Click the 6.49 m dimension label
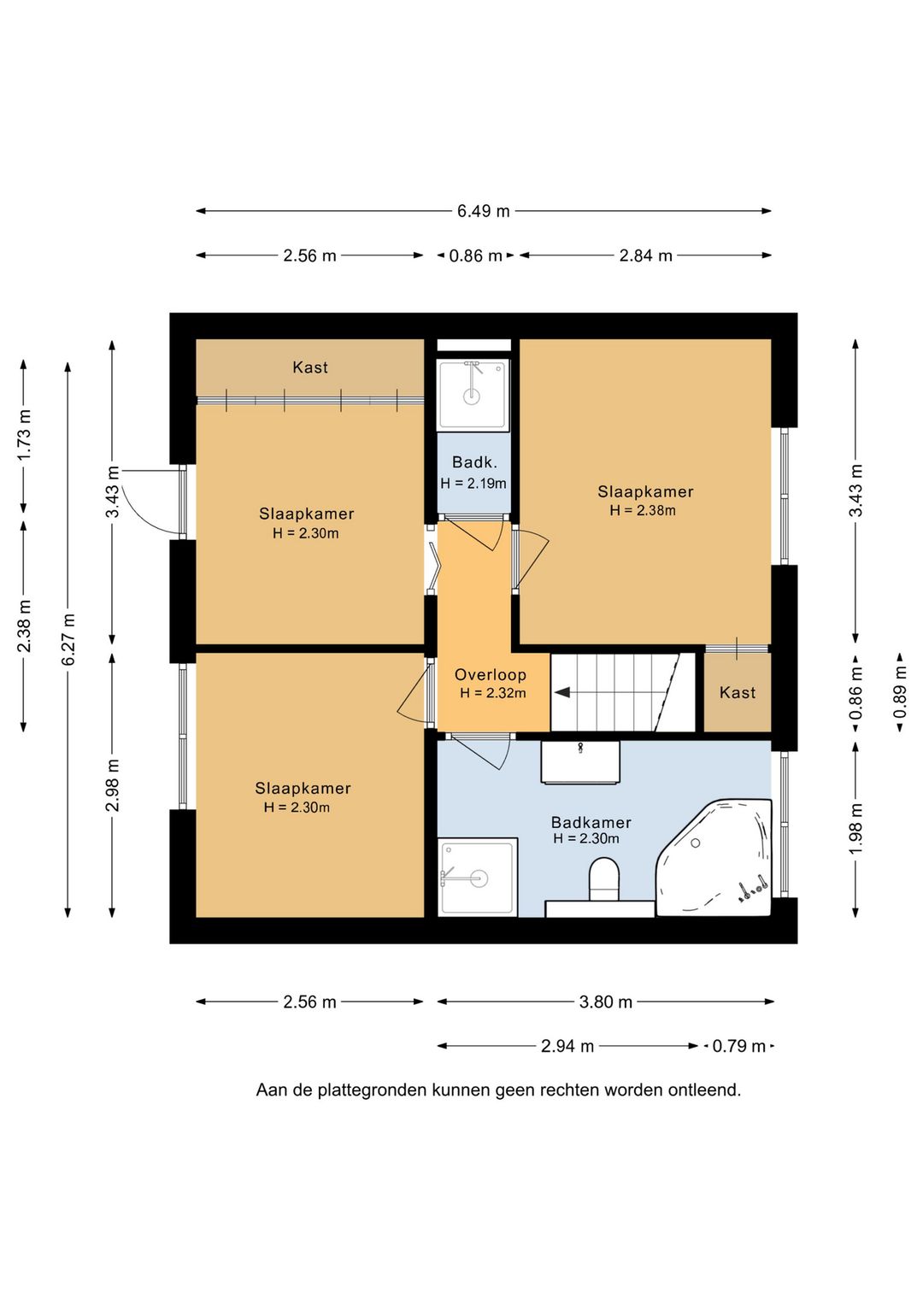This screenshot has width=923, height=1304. [483, 211]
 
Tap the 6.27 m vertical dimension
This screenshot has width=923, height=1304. [68, 640]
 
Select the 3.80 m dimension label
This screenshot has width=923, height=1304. [605, 1001]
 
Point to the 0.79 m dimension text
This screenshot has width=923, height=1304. [738, 1046]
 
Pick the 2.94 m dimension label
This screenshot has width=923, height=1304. [567, 1046]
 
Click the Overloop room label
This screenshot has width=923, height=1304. [491, 675]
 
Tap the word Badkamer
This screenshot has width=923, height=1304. [591, 823]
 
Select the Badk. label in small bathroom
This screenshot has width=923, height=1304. [475, 462]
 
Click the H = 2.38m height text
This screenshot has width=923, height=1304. [643, 510]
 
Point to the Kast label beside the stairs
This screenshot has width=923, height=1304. [738, 692]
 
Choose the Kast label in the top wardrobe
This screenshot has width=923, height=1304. [309, 367]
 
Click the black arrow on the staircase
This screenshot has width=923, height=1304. [562, 693]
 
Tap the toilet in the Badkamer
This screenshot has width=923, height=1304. [603, 878]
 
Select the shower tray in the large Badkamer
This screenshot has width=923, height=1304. [478, 878]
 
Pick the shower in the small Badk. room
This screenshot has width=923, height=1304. [473, 395]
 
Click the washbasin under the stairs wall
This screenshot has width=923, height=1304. [580, 762]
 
